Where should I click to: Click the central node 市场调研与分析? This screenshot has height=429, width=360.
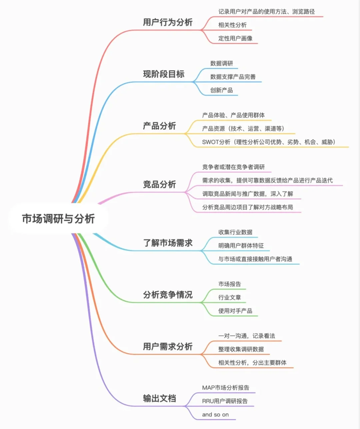[x=58, y=219]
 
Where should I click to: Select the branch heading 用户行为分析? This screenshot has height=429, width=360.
[x=168, y=22]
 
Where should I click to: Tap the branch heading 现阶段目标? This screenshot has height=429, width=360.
[x=164, y=74]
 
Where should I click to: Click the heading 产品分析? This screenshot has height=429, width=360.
[x=159, y=126]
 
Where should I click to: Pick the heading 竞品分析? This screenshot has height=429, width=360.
[x=159, y=184]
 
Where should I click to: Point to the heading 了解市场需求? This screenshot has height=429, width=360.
[x=168, y=243]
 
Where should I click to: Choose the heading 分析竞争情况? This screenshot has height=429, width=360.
[x=168, y=295]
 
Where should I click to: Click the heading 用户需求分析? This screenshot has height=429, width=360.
[x=168, y=347]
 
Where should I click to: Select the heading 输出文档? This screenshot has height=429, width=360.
[x=159, y=398]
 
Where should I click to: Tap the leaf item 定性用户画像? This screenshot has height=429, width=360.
[x=235, y=38]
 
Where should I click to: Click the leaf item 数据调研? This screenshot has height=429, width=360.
[x=222, y=63]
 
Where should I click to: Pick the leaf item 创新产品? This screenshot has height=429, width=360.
[x=222, y=90]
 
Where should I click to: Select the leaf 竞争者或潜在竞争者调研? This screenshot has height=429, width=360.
[x=233, y=167]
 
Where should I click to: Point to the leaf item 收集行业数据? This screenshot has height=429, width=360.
[x=235, y=232]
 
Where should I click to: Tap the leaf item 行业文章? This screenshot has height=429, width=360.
[x=230, y=298]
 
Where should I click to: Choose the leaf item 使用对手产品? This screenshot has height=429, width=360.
[x=235, y=311]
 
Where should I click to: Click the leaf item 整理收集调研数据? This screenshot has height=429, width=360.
[x=241, y=349]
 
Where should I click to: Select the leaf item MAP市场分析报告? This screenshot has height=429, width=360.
[x=226, y=388]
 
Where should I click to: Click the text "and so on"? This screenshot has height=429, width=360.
[x=215, y=415]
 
